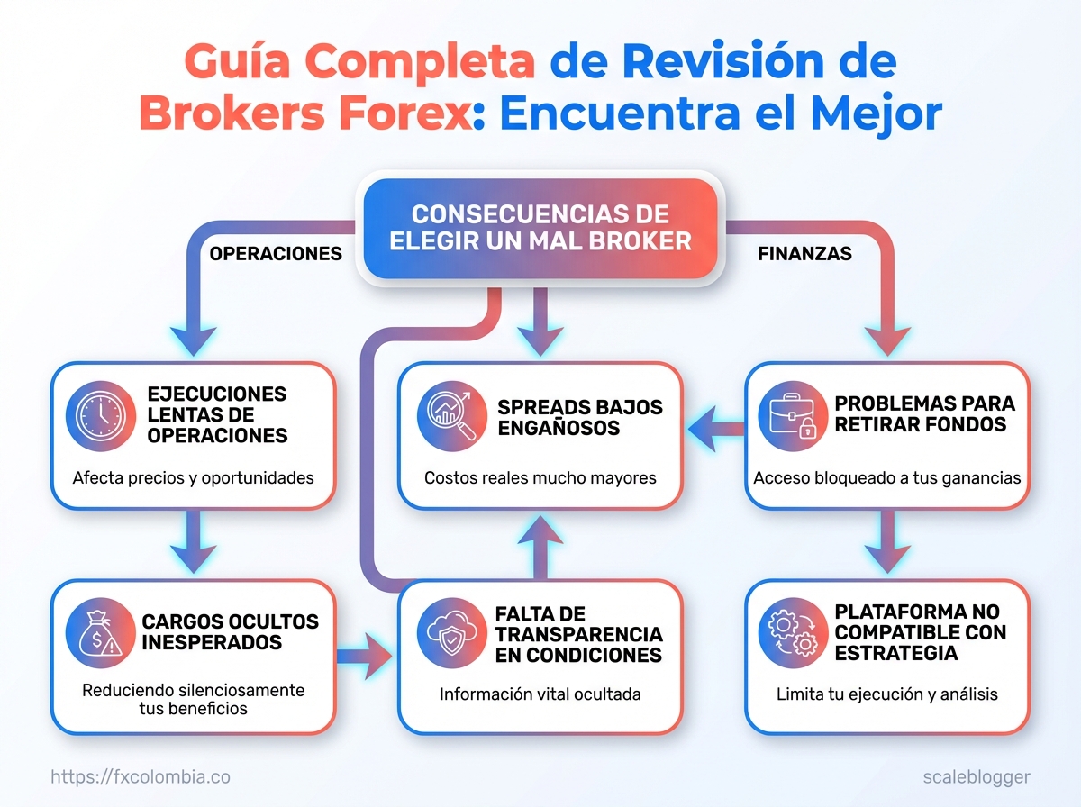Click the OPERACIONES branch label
pyautogui.click(x=276, y=254)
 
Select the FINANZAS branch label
pyautogui.click(x=804, y=254)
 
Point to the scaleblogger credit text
pyautogui.click(x=977, y=776)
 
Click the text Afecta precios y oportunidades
pyautogui.click(x=193, y=477)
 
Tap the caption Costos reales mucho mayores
pyautogui.click(x=540, y=477)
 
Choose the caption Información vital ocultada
pyautogui.click(x=540, y=694)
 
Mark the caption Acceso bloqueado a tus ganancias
pyautogui.click(x=887, y=477)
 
